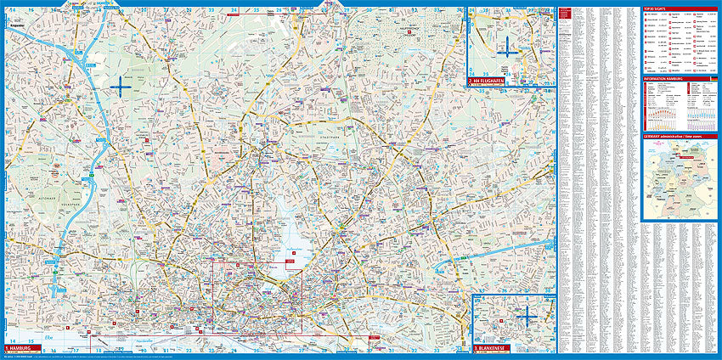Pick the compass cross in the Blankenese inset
pyautogui.click(x=526, y=318)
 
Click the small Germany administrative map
pyautogui.click(x=675, y=179)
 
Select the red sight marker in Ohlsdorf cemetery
pyautogui.click(x=408, y=34)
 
